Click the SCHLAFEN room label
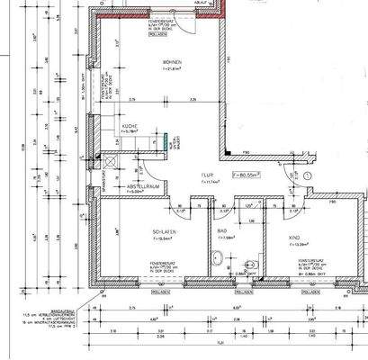[x=163, y=231]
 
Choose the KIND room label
[x=293, y=238]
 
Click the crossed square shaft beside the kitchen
[x=110, y=158]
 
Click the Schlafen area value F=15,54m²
[x=163, y=239]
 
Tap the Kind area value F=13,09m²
[x=293, y=246]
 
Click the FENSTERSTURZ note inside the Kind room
[x=293, y=265]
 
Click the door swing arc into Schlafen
[x=179, y=210]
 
